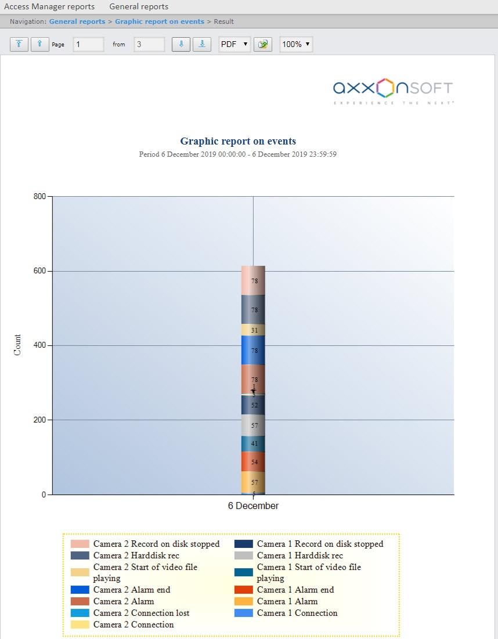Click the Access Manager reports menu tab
pos(49,7)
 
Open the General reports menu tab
pos(139,7)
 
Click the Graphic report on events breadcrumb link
pos(160,21)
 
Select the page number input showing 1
pos(88,44)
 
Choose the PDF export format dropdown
pos(234,44)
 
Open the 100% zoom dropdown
pos(296,44)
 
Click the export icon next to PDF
pos(264,44)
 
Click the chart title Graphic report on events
pos(238,141)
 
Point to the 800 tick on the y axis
pos(39,197)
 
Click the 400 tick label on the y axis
pos(39,345)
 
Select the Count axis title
pos(17,345)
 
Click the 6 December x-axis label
pos(253,506)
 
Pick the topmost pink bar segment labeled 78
pos(254,280)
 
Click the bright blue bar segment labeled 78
pos(254,350)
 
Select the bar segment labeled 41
pos(254,443)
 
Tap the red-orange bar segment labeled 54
pos(254,462)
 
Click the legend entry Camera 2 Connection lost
pos(141,613)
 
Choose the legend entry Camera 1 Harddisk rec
pos(299,555)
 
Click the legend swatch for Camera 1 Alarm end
pos(244,590)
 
